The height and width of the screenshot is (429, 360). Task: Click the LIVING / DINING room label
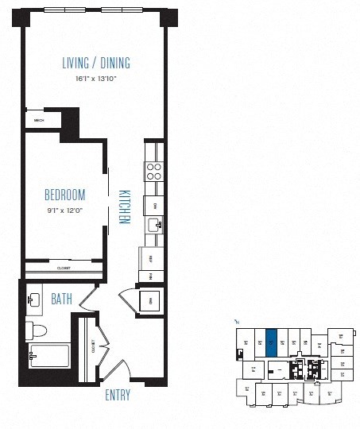[x=95, y=64]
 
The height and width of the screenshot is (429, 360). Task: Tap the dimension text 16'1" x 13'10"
[x=95, y=79]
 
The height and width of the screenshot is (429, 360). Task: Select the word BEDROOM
[x=65, y=195]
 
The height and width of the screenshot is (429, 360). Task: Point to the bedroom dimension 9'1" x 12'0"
[x=65, y=211]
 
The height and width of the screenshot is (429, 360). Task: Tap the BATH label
[x=63, y=300]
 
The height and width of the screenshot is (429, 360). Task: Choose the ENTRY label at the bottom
[x=117, y=395]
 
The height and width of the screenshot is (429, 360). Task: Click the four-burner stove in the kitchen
[x=153, y=172]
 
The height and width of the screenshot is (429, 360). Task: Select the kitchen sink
[x=156, y=226]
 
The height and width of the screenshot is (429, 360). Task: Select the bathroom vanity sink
[x=33, y=300]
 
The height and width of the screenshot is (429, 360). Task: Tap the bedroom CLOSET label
[x=64, y=269]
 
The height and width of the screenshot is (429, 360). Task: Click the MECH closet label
[x=40, y=121]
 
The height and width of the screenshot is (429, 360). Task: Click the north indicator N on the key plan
[x=236, y=322]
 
